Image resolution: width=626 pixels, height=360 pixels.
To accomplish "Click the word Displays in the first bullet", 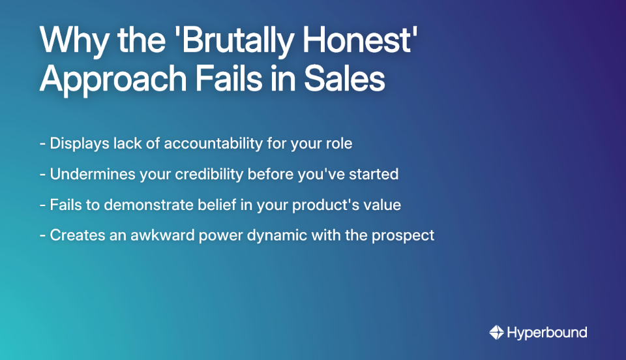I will click(79, 143).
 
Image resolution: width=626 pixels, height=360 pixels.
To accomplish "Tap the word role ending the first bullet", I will click(337, 143).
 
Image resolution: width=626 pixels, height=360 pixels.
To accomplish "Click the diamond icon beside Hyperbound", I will click(496, 333).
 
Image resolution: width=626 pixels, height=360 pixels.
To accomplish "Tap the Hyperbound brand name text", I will click(546, 333).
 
